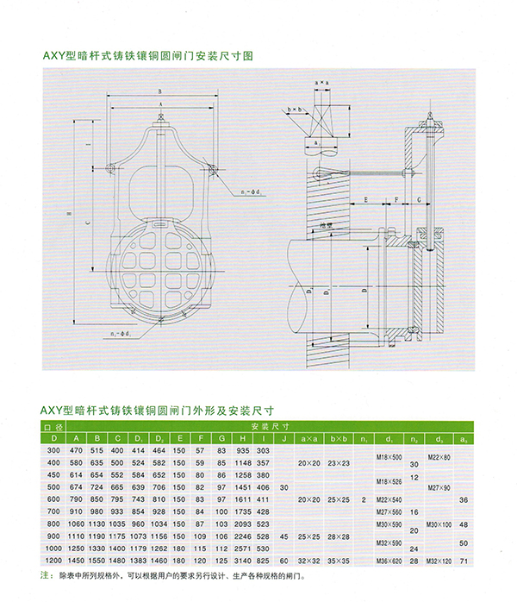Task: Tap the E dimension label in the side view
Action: coord(366,199)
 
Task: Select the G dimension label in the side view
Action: coord(419,199)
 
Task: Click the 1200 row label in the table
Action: coord(53,561)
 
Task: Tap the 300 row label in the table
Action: coord(53,451)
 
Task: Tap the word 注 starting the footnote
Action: coord(45,575)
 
